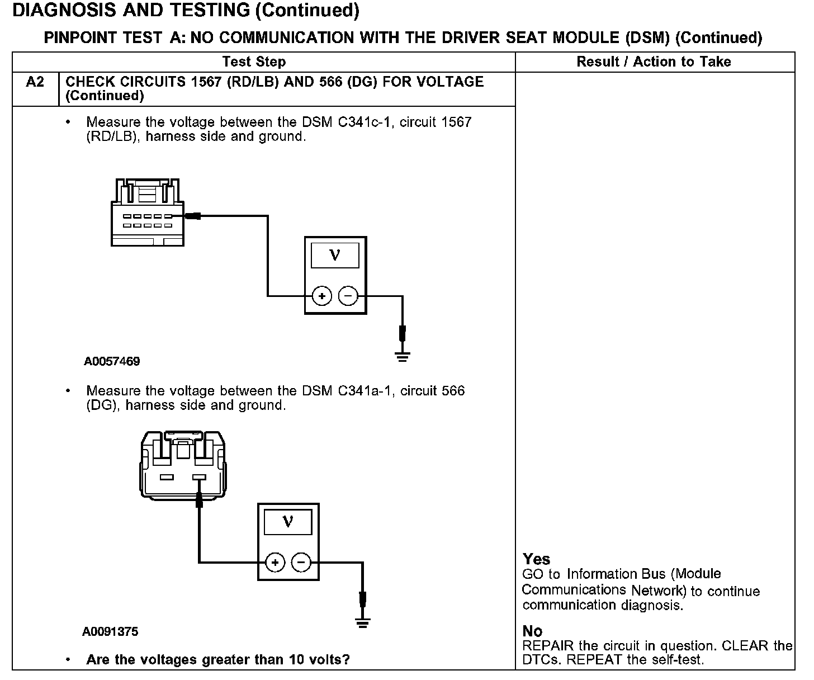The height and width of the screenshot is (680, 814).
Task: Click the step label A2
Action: point(35,82)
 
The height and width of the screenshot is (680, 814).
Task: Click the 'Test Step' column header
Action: point(254,62)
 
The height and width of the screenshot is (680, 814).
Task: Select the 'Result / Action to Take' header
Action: point(654,62)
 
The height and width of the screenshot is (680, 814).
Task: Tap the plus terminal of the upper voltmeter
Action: point(321,296)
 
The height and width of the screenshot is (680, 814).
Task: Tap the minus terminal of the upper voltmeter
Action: point(348,296)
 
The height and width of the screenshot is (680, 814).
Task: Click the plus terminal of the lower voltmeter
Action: point(275,562)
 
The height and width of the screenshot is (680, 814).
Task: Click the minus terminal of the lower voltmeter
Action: point(301,562)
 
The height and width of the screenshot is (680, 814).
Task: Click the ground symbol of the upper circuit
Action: point(402,356)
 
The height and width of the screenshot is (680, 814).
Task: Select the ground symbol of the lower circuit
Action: point(363,622)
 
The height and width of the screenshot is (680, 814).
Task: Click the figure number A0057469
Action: point(112,362)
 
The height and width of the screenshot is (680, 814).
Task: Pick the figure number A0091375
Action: point(110,632)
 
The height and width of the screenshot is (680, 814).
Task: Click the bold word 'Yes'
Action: point(536,559)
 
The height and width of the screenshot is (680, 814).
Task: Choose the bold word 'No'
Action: point(532,631)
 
